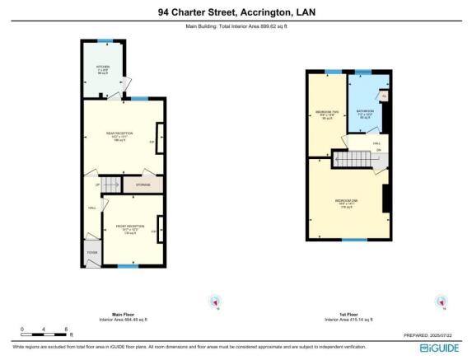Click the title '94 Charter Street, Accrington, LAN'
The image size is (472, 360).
pyautogui.click(x=236, y=12)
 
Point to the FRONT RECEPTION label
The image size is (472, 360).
pyautogui.click(x=129, y=228)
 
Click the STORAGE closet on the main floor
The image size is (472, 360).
pyautogui.click(x=143, y=185)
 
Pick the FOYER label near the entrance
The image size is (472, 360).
pyautogui.click(x=91, y=252)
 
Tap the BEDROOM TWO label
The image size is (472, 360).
pyautogui.click(x=327, y=115)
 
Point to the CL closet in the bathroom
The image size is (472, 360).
pyautogui.click(x=384, y=96)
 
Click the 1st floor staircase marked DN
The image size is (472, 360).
pyautogui.click(x=346, y=156)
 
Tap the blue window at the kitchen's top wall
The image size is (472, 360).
pyautogui.click(x=104, y=40)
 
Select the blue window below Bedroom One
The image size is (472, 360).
pyautogui.click(x=354, y=240)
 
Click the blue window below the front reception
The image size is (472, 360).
pyautogui.click(x=127, y=265)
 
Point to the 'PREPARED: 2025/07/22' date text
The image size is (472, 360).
pyautogui.click(x=428, y=335)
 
